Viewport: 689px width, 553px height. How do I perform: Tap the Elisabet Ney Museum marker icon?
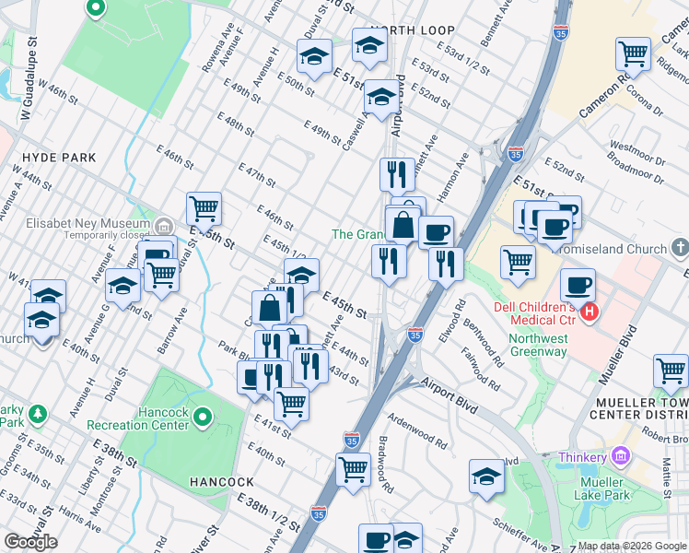(164, 225)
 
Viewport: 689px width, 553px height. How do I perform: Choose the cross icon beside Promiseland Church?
(680, 249)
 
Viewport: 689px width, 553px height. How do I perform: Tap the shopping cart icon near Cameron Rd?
(633, 54)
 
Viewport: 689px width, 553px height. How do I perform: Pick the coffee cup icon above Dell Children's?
(578, 285)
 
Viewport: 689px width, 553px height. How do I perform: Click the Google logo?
(30, 542)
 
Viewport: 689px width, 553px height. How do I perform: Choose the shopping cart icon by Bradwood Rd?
(354, 468)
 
